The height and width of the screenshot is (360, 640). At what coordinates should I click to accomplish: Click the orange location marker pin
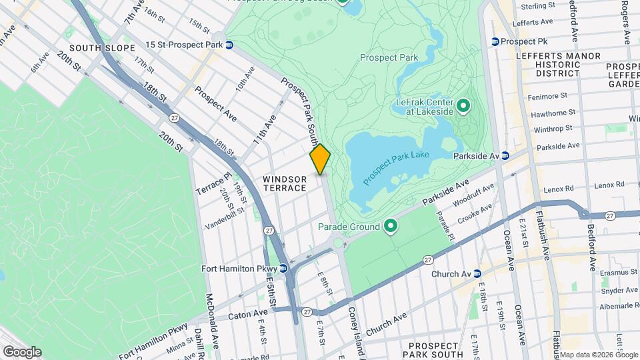coord(320,159)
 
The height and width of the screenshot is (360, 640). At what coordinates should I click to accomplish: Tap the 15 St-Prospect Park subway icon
coord(229,45)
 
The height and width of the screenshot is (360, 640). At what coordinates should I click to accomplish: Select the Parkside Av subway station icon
coord(505,155)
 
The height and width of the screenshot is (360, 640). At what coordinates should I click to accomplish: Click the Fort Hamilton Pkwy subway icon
coord(283,269)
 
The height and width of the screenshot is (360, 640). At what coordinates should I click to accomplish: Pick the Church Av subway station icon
coord(477,274)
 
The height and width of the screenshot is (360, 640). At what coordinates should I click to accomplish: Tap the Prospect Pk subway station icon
coord(495,41)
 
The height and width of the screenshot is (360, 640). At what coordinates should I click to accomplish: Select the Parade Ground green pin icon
coord(390,227)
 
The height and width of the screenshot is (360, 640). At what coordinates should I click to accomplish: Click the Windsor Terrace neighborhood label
coord(285,183)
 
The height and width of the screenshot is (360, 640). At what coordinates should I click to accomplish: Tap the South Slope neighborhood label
coord(102,48)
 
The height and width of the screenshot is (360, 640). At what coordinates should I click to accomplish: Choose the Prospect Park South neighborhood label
coord(435,349)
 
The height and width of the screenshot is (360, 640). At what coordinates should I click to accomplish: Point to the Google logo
coord(22,352)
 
